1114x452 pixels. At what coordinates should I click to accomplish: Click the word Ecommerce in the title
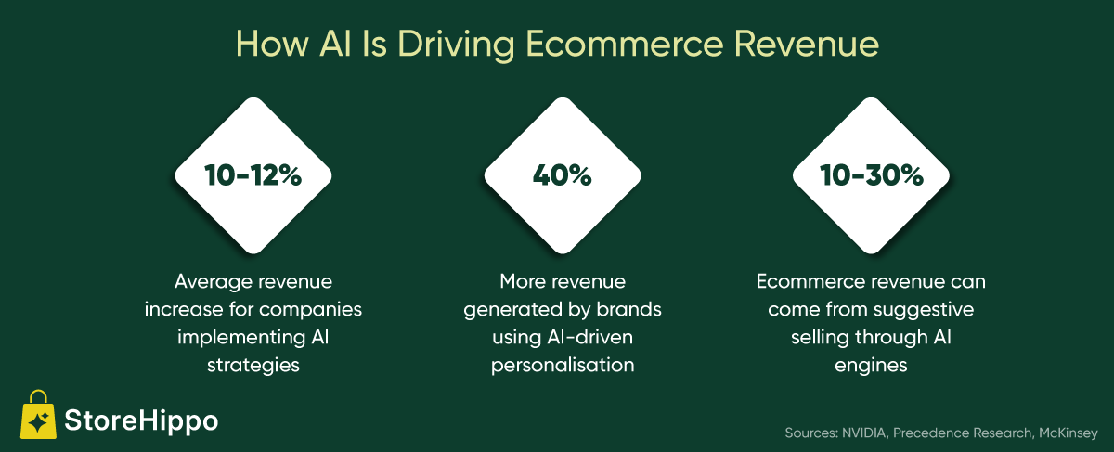(624, 44)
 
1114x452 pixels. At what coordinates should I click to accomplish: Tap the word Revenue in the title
(807, 44)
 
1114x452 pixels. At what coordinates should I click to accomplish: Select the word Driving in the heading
(456, 45)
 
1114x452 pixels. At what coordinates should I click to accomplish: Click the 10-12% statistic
(253, 175)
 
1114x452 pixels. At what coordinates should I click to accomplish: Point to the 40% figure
(563, 175)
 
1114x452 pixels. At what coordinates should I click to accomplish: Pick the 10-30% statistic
(872, 175)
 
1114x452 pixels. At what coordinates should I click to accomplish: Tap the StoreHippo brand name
(141, 420)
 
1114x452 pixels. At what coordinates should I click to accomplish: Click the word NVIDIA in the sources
(864, 433)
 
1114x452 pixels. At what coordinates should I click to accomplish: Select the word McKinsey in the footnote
(1069, 433)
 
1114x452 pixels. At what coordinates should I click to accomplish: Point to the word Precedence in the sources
(930, 433)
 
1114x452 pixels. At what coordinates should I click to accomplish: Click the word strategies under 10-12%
(253, 366)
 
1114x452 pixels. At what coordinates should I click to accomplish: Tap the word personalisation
(563, 366)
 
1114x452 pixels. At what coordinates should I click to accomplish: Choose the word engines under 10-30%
(871, 367)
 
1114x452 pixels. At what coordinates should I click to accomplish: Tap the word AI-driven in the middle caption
(589, 337)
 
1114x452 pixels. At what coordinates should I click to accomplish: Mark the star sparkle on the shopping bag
(39, 420)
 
